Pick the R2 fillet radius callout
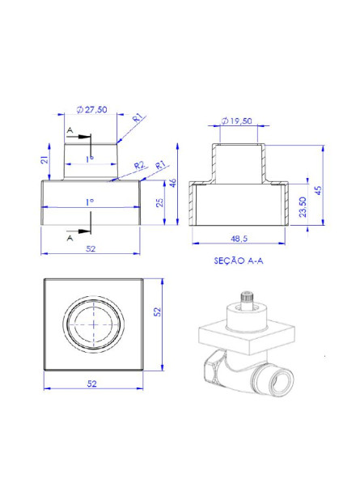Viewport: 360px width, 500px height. (139, 164)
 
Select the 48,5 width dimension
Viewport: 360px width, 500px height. (239, 239)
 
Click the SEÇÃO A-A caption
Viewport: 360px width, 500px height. (239, 262)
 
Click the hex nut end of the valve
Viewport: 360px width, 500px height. (209, 371)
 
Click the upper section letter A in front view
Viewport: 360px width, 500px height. (71, 129)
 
